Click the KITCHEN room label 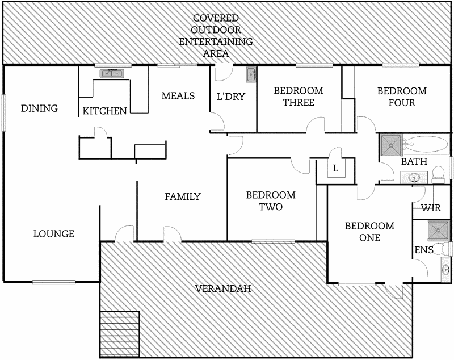[x=104, y=111]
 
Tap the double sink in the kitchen [x=112, y=73]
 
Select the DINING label [x=39, y=108]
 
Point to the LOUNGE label [x=53, y=233]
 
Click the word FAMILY [x=182, y=196]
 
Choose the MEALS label [x=178, y=95]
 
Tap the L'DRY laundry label [x=231, y=96]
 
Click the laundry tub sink [x=251, y=74]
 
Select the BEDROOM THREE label [x=298, y=96]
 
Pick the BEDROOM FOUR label [x=402, y=96]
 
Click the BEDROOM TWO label [x=271, y=200]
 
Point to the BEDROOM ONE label [x=370, y=232]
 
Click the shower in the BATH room [x=390, y=144]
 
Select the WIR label [x=431, y=208]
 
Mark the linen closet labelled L [x=335, y=169]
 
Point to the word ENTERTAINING [x=216, y=41]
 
